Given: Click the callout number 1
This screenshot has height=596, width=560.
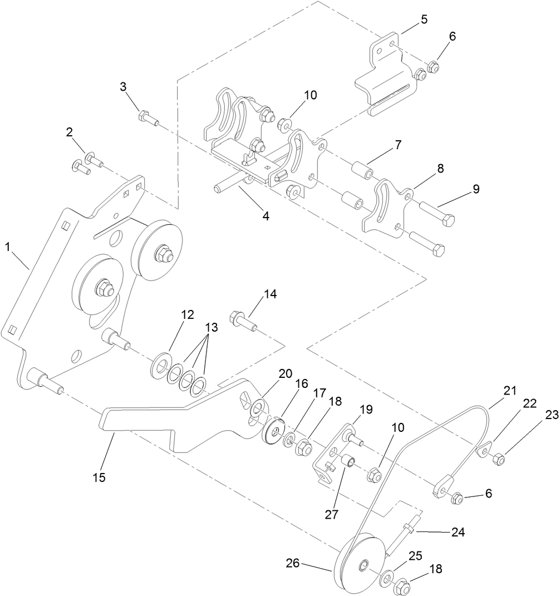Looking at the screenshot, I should (x=8, y=246).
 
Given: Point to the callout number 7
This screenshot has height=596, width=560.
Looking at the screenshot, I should (x=398, y=144).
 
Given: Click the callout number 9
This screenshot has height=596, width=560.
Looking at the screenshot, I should (x=476, y=189).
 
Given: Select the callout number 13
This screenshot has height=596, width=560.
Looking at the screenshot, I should (x=210, y=327).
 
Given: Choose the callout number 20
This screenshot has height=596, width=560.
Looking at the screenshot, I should (x=285, y=374).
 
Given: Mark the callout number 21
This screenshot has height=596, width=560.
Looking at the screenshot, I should (x=510, y=390).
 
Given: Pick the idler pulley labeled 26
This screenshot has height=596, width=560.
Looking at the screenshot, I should (x=357, y=563).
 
